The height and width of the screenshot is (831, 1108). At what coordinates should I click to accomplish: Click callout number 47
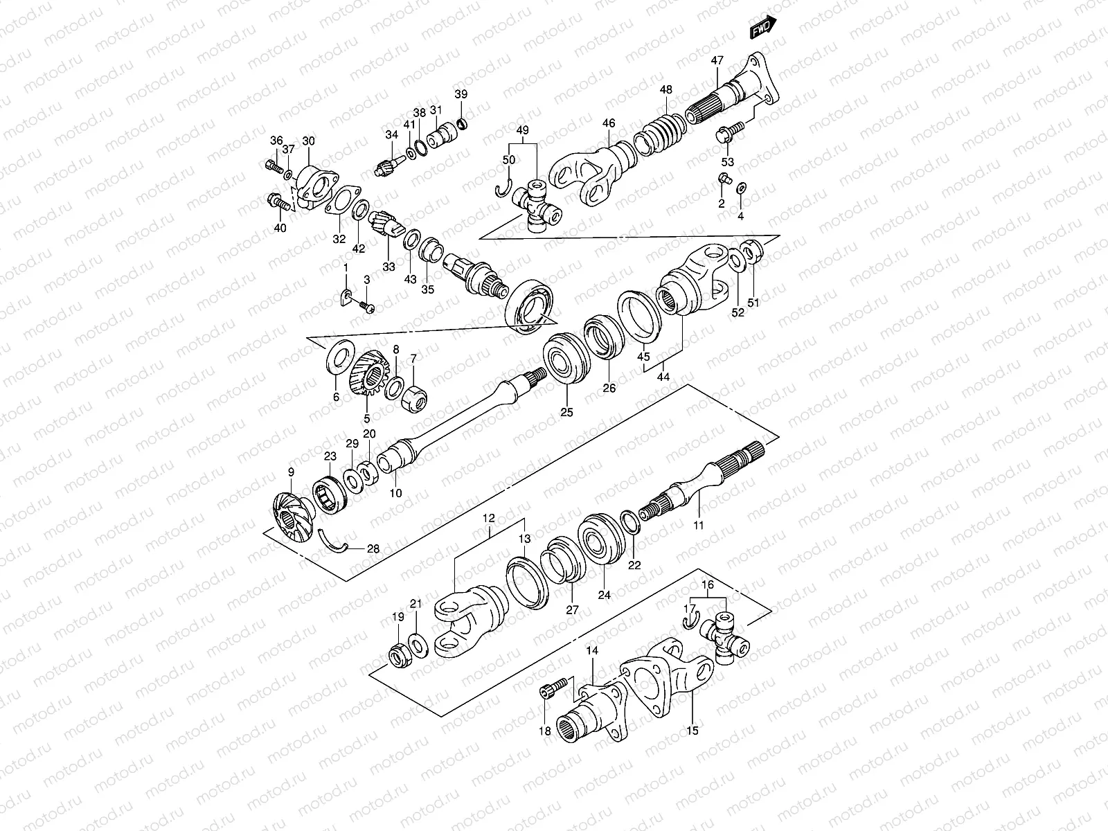(716, 60)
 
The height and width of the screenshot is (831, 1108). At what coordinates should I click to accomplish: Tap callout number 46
(609, 123)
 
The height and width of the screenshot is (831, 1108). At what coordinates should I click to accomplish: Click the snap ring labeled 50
(504, 188)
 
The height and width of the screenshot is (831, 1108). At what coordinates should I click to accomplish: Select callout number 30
(308, 141)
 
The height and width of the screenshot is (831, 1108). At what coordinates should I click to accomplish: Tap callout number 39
(461, 94)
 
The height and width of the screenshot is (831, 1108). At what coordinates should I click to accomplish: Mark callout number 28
(373, 549)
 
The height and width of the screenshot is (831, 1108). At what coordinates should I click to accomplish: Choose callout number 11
(699, 526)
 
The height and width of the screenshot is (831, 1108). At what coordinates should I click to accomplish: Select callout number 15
(692, 730)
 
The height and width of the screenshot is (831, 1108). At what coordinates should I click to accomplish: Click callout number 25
(567, 413)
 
